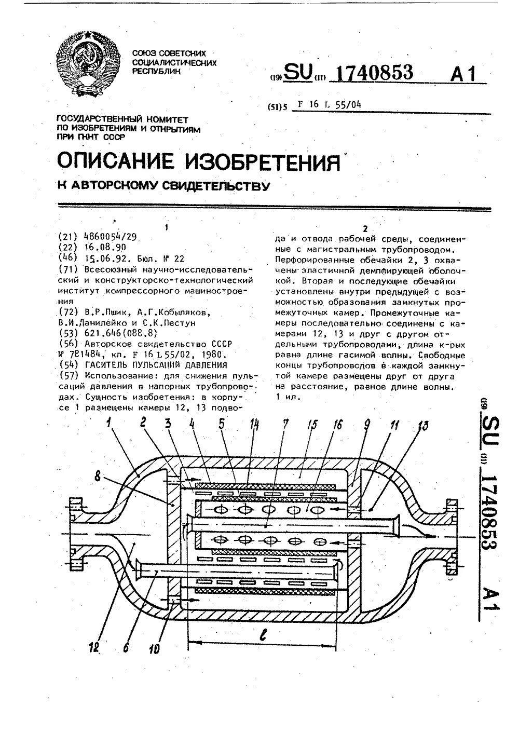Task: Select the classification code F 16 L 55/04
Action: coord(327,104)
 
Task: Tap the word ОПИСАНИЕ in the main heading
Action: coord(116,162)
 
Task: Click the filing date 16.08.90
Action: coord(104,247)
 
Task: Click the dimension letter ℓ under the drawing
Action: coord(264,634)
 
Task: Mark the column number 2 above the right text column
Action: coord(366,228)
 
